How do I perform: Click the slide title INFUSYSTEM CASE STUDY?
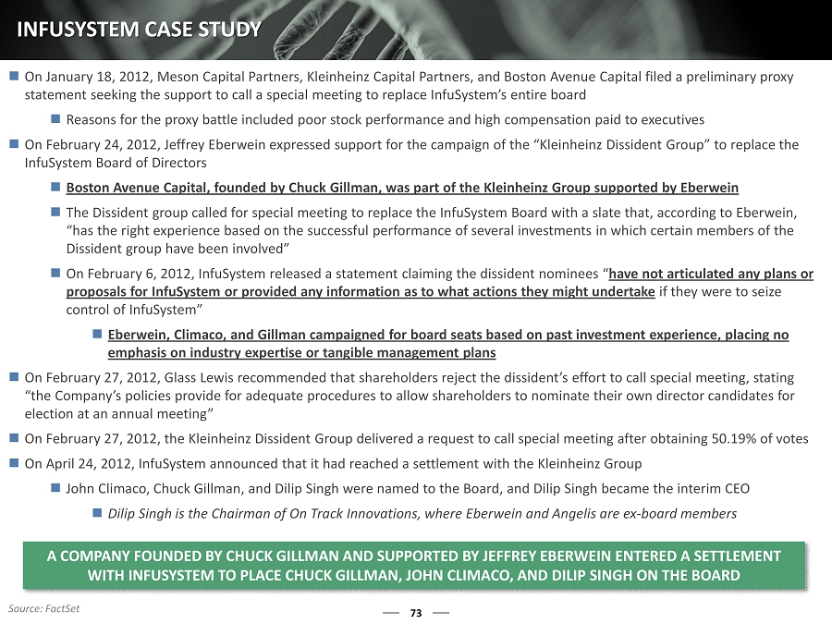coord(139,30)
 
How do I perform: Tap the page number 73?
coord(415,613)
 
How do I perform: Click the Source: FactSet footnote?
coord(43,608)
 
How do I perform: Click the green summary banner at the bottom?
coord(415,565)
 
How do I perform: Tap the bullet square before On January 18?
coord(13,77)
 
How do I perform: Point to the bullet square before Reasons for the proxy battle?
coord(55,119)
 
